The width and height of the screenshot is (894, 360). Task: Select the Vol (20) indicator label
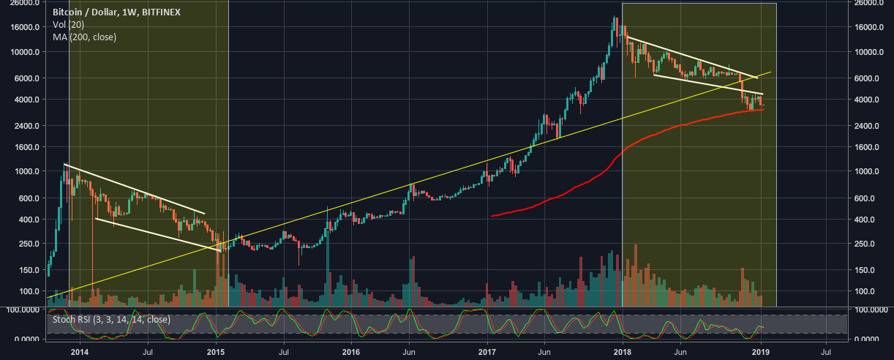pos(69,25)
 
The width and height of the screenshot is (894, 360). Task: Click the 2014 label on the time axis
pos(79,351)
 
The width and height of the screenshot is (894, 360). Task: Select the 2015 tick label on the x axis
pos(216,351)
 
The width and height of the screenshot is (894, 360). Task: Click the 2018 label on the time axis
pos(622,351)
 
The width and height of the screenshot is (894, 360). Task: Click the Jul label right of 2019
pos(827,351)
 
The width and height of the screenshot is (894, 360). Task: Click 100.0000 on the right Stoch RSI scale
pos(871,311)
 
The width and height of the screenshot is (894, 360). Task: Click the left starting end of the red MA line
pos(492,216)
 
